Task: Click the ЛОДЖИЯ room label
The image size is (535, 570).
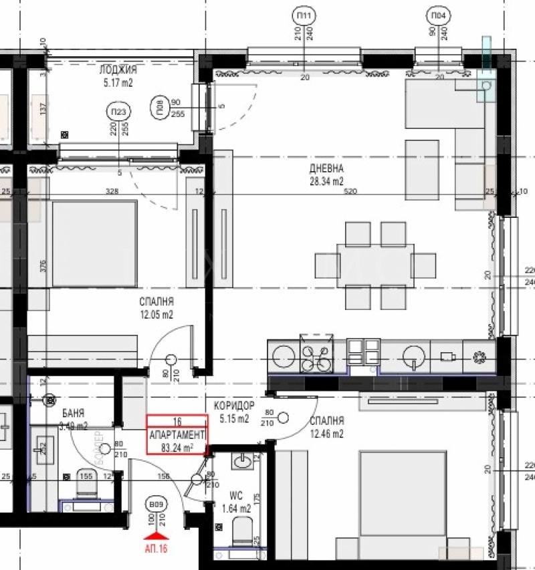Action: click(118, 69)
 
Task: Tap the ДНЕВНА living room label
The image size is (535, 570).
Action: click(326, 169)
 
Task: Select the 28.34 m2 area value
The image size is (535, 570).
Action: click(326, 180)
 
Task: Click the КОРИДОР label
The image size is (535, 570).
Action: click(234, 406)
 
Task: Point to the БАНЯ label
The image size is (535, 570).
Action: click(72, 414)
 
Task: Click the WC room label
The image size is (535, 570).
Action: click(235, 497)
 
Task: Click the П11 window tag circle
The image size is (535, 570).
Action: click(304, 15)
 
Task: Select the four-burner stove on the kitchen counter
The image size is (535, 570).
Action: click(316, 355)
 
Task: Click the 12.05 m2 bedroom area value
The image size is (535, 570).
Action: click(156, 314)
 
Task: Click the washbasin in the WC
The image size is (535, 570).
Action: click(243, 460)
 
